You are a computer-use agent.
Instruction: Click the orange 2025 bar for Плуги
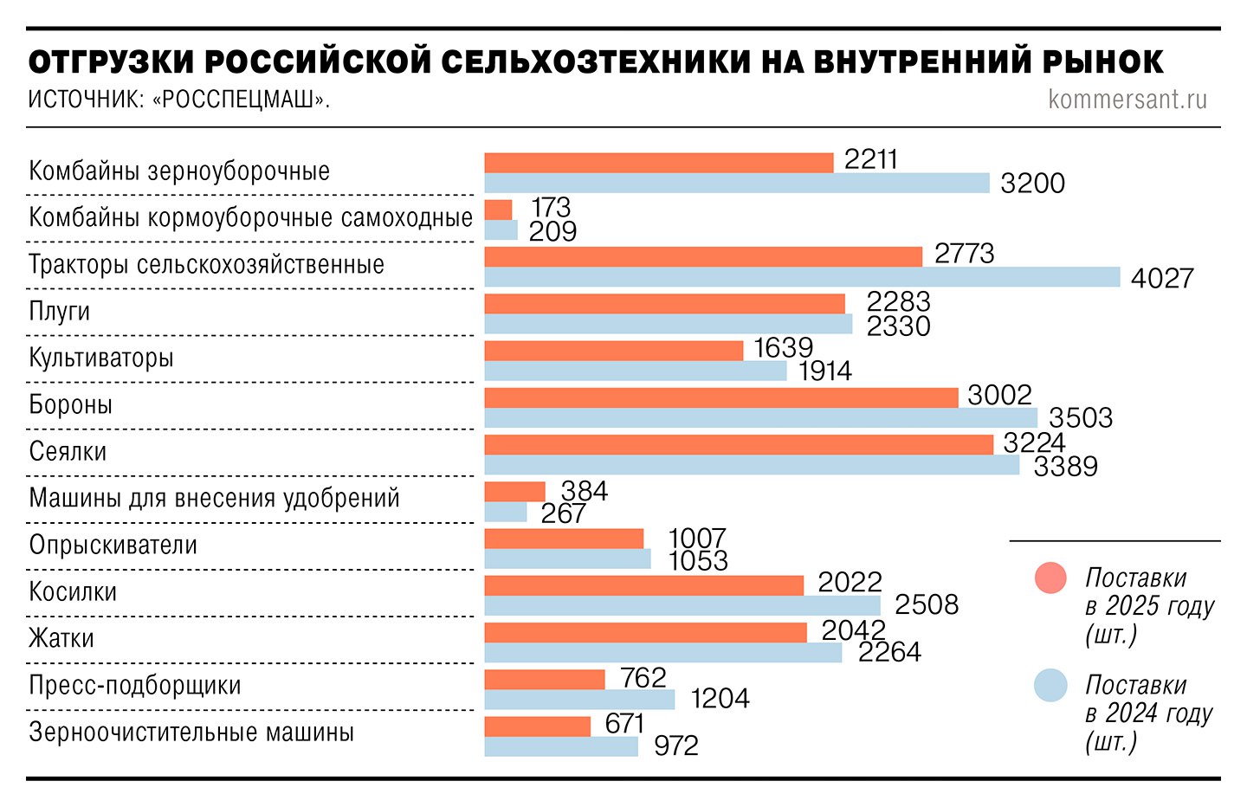click(x=664, y=304)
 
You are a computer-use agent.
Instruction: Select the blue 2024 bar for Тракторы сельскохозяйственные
click(x=802, y=277)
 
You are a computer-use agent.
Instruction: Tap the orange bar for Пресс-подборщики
click(x=544, y=680)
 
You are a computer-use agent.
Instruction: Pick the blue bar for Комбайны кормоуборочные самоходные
click(x=501, y=230)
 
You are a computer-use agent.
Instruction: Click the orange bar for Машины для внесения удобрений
click(x=514, y=492)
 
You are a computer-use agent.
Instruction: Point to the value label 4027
click(x=1162, y=278)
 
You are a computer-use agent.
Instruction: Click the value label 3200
click(x=1032, y=184)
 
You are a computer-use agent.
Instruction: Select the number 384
click(x=585, y=491)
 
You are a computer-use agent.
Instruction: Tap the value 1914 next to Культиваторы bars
click(x=825, y=371)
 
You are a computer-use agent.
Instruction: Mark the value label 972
click(x=676, y=746)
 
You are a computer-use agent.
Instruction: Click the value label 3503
click(x=1081, y=418)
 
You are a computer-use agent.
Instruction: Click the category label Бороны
click(x=71, y=405)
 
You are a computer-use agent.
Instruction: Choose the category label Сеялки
click(x=68, y=452)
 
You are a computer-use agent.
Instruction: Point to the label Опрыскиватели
click(x=113, y=546)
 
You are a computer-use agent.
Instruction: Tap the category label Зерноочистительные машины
click(x=191, y=733)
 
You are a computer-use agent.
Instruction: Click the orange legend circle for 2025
click(x=1050, y=578)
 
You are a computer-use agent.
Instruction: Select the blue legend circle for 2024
click(x=1050, y=686)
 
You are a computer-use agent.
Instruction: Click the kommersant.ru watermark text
click(x=1127, y=100)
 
